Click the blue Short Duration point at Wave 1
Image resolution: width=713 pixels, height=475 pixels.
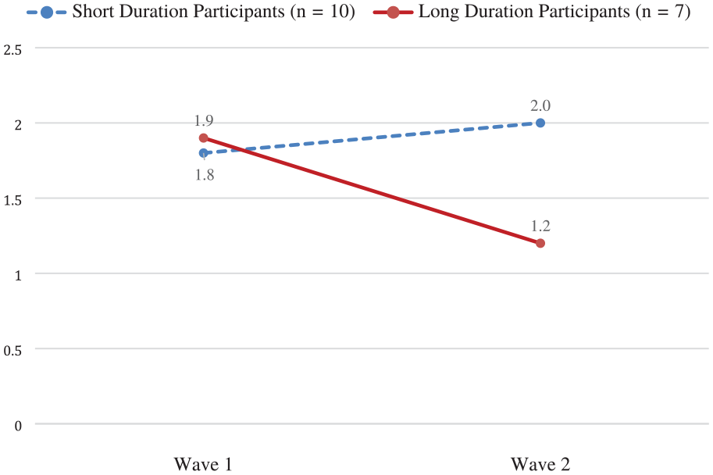pyautogui.click(x=204, y=153)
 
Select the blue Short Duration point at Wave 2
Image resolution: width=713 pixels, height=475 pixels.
pyautogui.click(x=540, y=123)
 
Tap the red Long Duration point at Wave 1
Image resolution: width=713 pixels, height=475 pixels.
pyautogui.click(x=204, y=137)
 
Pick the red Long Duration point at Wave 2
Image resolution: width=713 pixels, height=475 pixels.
pyautogui.click(x=540, y=244)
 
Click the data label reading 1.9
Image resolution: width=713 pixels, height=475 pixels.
pyautogui.click(x=204, y=120)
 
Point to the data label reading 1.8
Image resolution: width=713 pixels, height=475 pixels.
pyautogui.click(x=205, y=175)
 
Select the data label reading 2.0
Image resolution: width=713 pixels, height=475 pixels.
pyautogui.click(x=540, y=105)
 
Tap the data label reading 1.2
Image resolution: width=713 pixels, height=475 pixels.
pyautogui.click(x=540, y=226)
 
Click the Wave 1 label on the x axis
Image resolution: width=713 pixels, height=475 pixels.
pyautogui.click(x=203, y=465)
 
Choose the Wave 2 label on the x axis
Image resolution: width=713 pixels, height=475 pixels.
pyautogui.click(x=540, y=465)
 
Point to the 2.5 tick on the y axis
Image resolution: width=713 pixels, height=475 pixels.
pyautogui.click(x=12, y=49)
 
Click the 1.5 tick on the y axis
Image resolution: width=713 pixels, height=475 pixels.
pyautogui.click(x=12, y=200)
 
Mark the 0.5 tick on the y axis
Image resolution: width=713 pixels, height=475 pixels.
pyautogui.click(x=12, y=351)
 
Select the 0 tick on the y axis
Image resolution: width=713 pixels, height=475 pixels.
pyautogui.click(x=18, y=426)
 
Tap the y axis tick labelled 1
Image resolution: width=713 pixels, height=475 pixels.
pyautogui.click(x=18, y=275)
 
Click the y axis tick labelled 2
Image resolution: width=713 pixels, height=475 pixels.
pyautogui.click(x=18, y=125)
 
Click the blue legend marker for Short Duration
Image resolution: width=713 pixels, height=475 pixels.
pyautogui.click(x=47, y=12)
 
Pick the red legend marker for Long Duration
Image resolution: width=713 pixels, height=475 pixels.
pyautogui.click(x=393, y=12)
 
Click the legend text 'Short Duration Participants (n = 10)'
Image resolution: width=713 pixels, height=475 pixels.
pyautogui.click(x=214, y=12)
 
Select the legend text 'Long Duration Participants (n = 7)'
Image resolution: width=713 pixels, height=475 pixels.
pyautogui.click(x=554, y=12)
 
